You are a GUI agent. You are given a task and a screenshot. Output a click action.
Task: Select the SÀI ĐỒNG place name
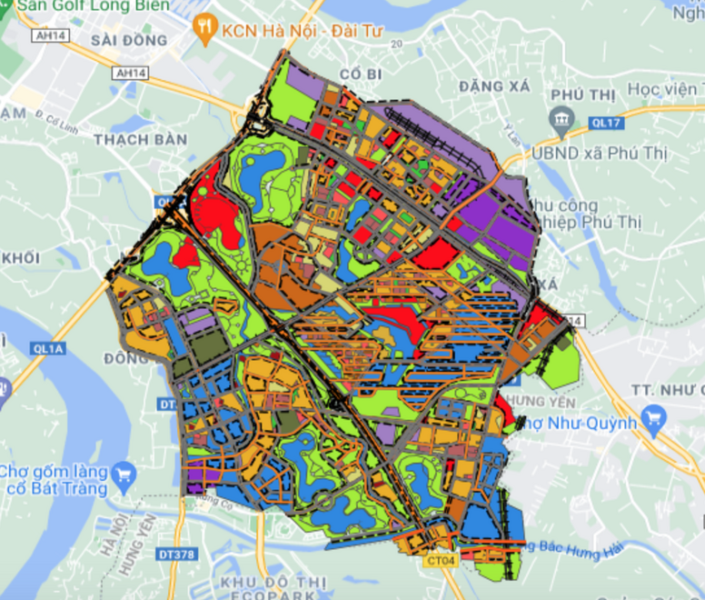click(x=130, y=41)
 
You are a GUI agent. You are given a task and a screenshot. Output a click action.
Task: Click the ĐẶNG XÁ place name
click(x=493, y=85)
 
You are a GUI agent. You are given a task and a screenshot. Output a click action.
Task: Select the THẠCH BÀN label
click(x=140, y=140)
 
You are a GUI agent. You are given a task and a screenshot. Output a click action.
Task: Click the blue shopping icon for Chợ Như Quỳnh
click(x=652, y=419)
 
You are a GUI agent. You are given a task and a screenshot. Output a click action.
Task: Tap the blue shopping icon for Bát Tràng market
click(x=124, y=473)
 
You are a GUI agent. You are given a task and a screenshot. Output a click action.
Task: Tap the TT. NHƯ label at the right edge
click(x=667, y=390)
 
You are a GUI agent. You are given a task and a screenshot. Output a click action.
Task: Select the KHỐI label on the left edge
click(x=20, y=258)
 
